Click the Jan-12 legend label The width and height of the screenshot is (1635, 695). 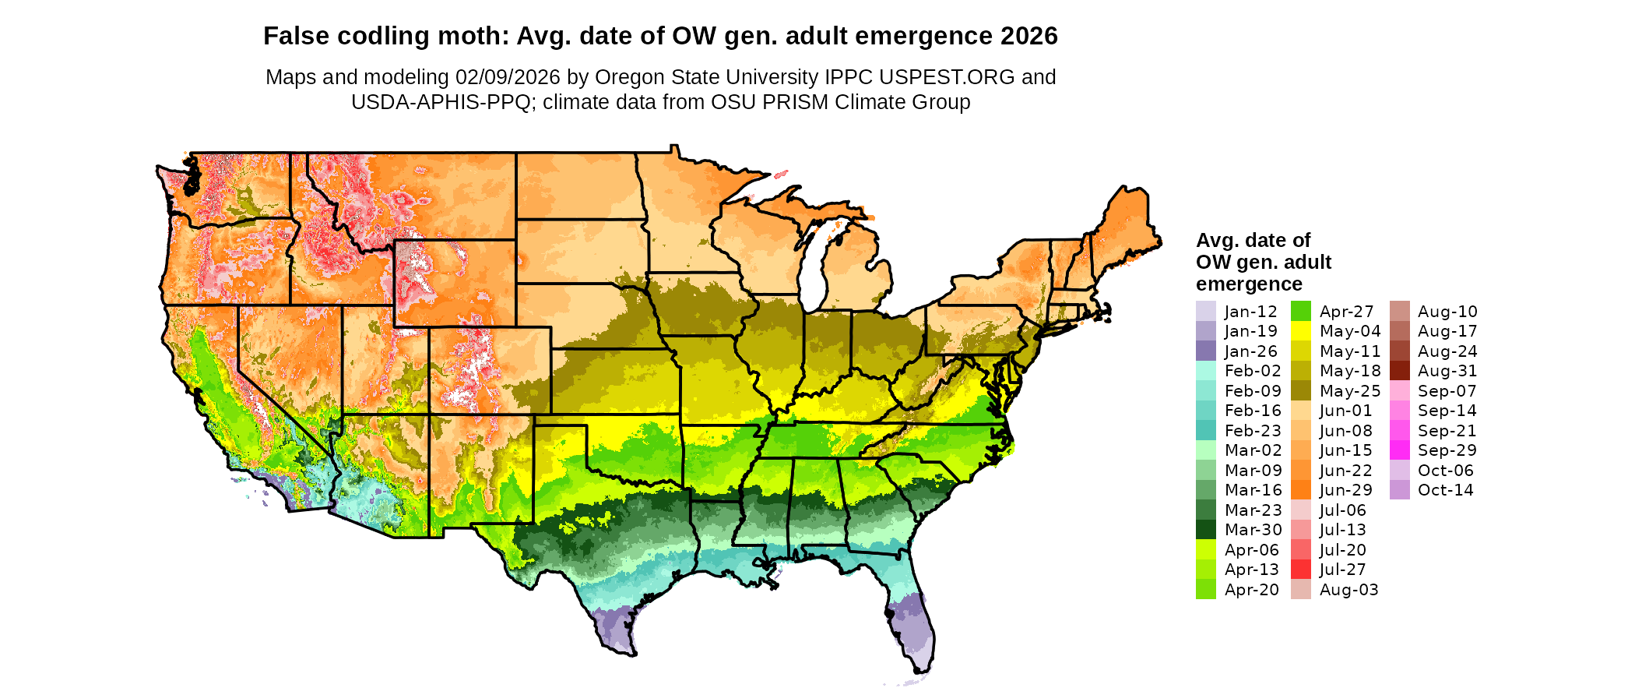click(x=1250, y=312)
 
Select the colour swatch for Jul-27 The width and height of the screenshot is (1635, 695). click(x=1301, y=570)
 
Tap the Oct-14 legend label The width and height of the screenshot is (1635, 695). click(x=1445, y=490)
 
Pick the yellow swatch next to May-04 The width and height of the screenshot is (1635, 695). click(x=1301, y=331)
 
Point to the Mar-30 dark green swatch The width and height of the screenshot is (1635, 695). click(x=1205, y=530)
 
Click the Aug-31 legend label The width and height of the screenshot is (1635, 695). click(x=1447, y=371)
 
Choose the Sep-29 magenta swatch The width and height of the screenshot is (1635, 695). click(x=1399, y=450)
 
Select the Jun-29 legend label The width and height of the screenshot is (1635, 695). click(x=1346, y=490)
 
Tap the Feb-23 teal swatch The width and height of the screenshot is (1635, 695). click(x=1205, y=431)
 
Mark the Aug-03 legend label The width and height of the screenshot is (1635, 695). click(x=1348, y=590)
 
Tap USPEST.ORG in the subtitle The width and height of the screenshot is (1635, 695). click(x=947, y=77)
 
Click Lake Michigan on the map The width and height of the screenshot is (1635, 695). click(x=813, y=269)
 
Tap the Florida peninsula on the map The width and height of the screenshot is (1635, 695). click(x=911, y=623)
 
